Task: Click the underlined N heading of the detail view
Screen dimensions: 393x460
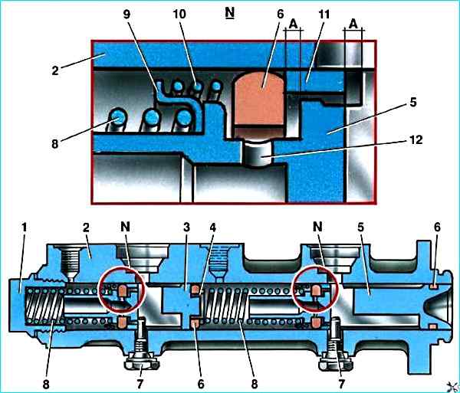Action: (x=230, y=14)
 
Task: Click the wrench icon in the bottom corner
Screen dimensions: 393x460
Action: (x=449, y=383)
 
